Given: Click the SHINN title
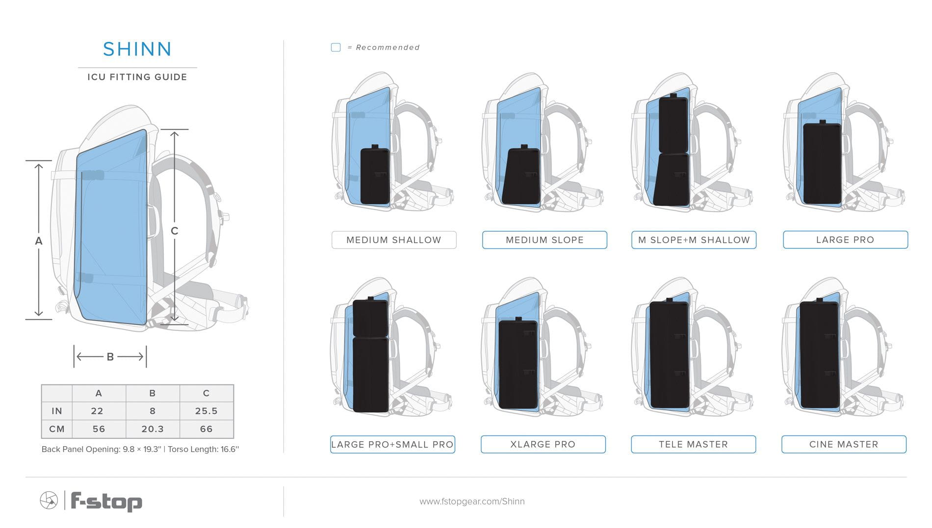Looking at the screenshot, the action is coord(137,49).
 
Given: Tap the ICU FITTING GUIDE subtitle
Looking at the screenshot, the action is coord(137,77).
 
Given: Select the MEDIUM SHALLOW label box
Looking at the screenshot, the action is coord(394,240).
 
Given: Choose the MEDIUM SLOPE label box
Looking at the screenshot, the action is coord(544,240).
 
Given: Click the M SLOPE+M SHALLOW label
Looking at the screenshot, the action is coord(694,240).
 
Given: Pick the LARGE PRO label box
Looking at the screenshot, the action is coord(845,240).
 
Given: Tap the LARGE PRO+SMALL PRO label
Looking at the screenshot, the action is coord(392,444).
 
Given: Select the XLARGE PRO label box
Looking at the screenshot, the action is coord(543,444).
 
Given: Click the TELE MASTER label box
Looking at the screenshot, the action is coord(693,444).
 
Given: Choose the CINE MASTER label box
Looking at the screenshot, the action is coord(844,444).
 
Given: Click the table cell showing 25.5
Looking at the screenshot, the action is coord(207,411).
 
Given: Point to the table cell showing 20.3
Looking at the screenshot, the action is coord(153,429).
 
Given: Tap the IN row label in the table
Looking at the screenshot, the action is coord(57,411).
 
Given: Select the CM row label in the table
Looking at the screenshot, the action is coord(57,429).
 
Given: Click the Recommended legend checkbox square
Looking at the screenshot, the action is coord(336,47).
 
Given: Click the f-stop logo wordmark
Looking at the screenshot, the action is coord(106,501).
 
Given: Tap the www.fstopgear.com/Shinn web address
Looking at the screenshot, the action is coord(472,501).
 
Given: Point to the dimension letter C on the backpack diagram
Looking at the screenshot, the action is coord(174,231).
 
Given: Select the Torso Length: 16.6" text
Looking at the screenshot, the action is coord(204,449).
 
